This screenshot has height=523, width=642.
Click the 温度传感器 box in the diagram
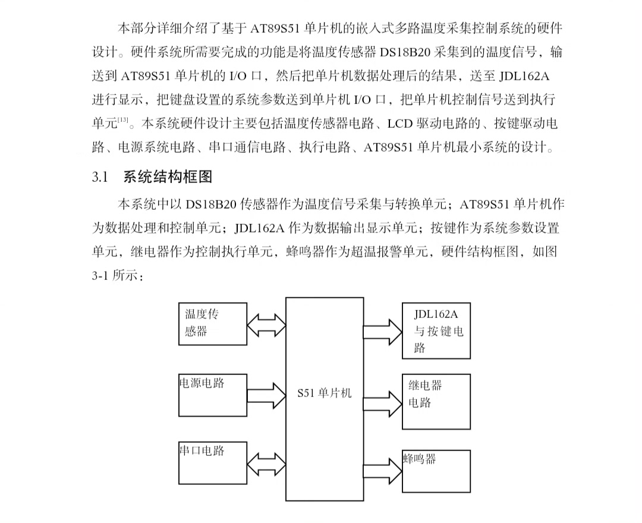[212, 323]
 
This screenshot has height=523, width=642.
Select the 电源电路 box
[212, 395]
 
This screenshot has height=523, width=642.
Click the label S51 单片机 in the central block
[325, 393]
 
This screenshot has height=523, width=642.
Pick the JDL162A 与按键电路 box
[436, 330]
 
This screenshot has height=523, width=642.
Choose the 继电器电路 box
[436, 401]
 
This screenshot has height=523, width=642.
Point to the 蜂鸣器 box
[436, 471]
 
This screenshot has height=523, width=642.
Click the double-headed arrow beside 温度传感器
[266, 324]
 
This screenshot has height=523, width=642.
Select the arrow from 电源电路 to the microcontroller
[266, 393]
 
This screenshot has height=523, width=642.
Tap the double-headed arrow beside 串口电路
[266, 464]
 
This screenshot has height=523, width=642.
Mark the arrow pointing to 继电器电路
[383, 401]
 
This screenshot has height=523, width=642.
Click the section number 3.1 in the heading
[99, 177]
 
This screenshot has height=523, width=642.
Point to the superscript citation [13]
[123, 121]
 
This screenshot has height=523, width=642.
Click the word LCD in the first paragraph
[399, 124]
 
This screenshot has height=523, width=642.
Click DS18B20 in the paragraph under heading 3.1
[210, 204]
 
